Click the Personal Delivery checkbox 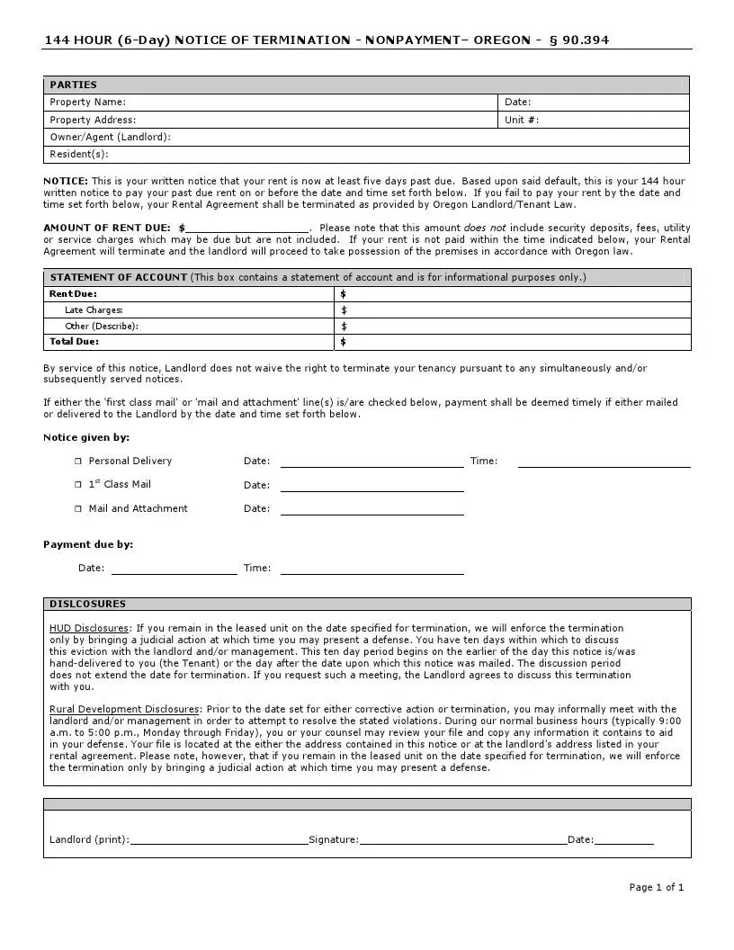click(x=78, y=462)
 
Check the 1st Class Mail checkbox click(x=78, y=485)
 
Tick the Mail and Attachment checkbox click(x=78, y=509)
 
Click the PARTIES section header click(x=73, y=85)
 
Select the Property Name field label click(x=87, y=103)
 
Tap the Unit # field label click(x=522, y=120)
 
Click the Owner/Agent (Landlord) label click(x=110, y=137)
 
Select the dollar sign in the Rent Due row click(x=344, y=294)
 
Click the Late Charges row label click(x=94, y=310)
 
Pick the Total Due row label click(x=74, y=342)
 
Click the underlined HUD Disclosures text click(x=89, y=628)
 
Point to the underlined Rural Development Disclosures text click(x=124, y=709)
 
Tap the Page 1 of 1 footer click(x=656, y=887)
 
